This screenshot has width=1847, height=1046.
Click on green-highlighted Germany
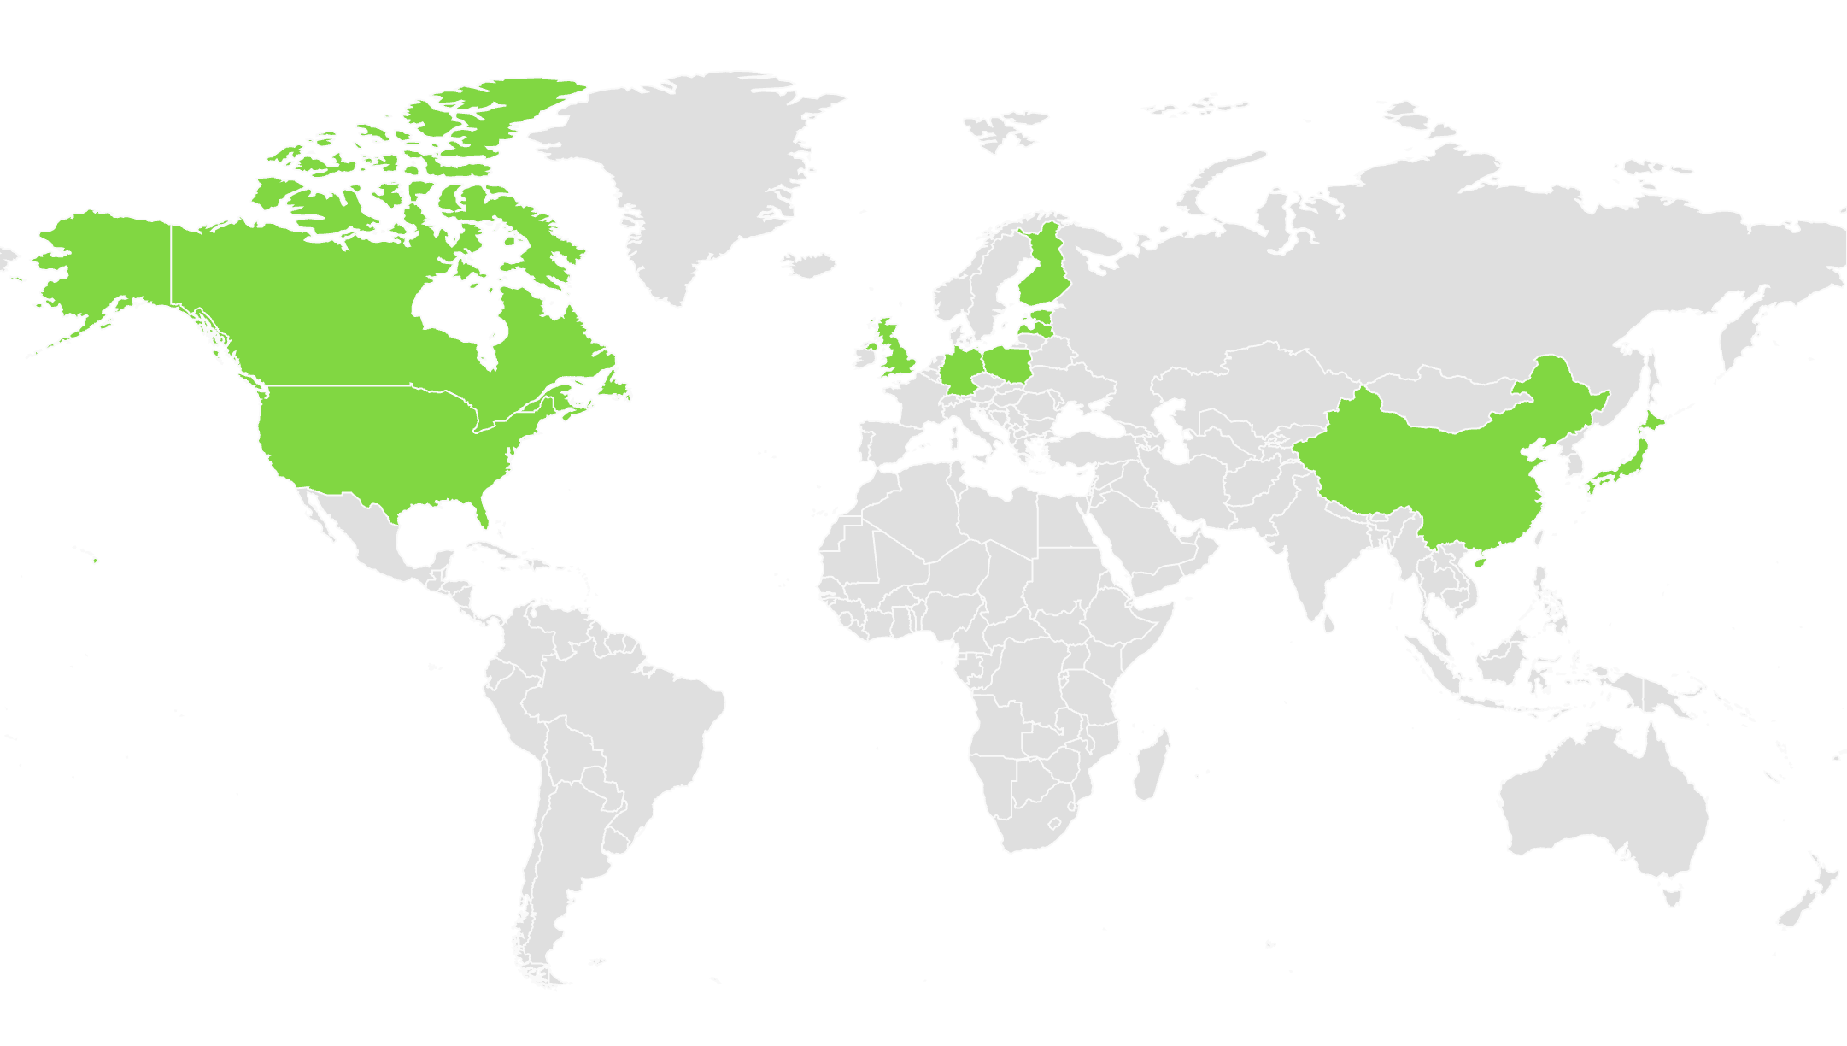coord(960,370)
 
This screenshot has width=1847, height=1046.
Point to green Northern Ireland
coord(872,346)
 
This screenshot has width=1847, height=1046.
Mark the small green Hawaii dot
coord(95,561)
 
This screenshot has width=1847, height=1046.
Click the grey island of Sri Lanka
coord(1328,625)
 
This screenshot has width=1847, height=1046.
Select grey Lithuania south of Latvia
coord(1034,339)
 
